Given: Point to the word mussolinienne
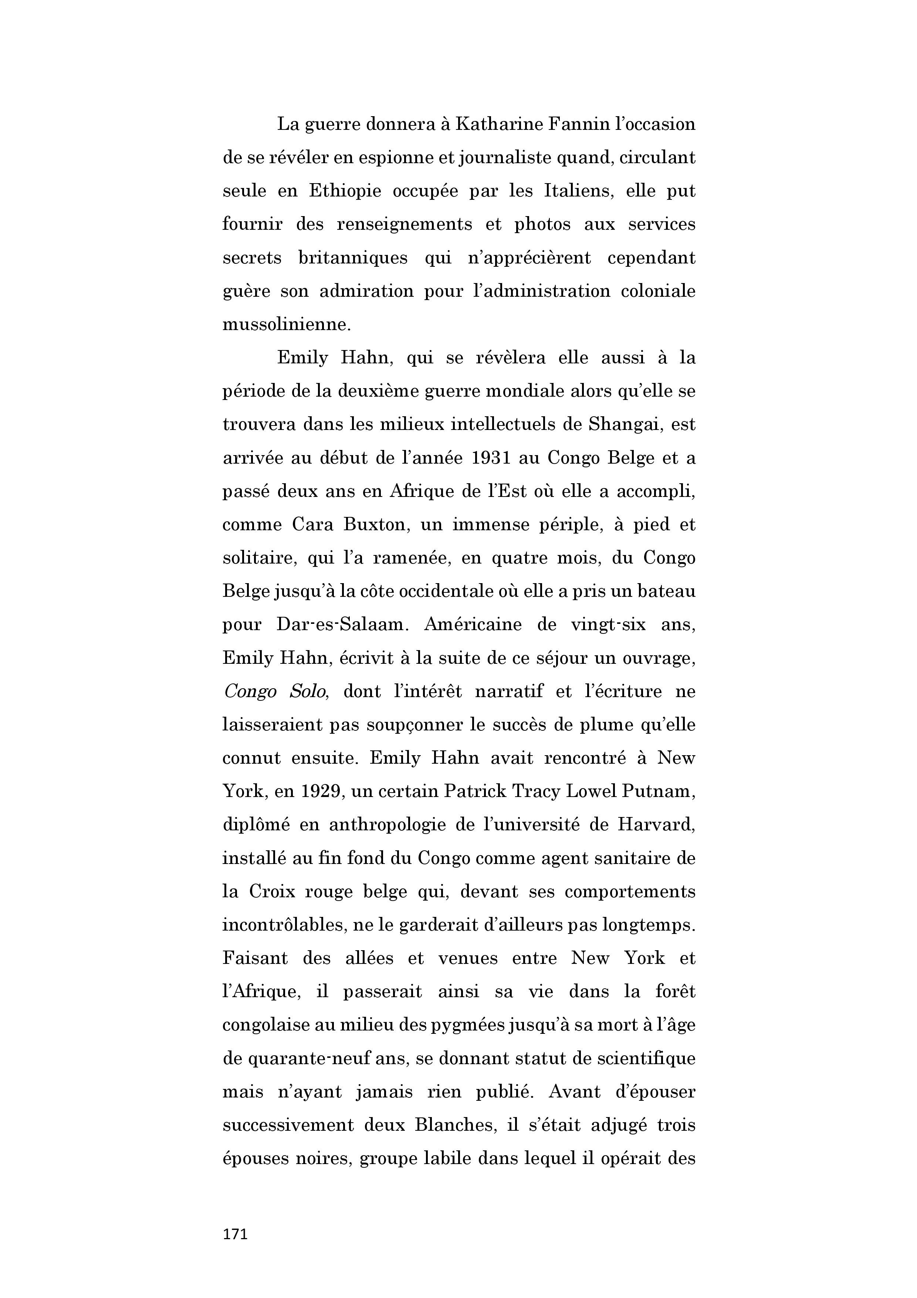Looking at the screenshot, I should pos(286,324).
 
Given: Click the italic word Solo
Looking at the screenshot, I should pos(309,692).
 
